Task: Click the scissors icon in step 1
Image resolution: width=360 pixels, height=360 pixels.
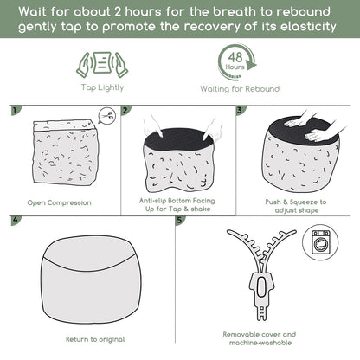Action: tap(108, 116)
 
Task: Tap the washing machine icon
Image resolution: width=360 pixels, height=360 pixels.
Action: tap(321, 242)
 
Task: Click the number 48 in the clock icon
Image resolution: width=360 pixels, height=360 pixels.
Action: tap(235, 57)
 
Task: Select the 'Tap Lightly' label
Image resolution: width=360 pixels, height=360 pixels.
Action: tap(102, 87)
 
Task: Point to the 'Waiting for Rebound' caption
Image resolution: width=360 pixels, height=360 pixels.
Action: tap(240, 89)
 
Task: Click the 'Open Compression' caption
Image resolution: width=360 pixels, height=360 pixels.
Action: tap(59, 202)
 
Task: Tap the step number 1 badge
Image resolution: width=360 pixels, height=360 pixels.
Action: tap(16, 110)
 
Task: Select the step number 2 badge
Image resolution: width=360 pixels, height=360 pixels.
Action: tap(125, 110)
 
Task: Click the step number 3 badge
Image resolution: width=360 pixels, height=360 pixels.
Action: tap(241, 110)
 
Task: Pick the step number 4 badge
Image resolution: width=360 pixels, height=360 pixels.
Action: tap(16, 220)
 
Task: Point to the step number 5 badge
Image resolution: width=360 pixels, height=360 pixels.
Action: tap(180, 220)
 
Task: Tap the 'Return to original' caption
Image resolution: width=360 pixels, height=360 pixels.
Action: tap(95, 339)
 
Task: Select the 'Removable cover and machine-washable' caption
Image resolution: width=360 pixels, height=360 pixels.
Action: tap(260, 338)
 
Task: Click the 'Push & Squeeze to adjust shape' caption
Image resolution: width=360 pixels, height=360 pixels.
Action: tap(296, 206)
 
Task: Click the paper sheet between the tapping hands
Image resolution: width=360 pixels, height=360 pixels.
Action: tap(102, 62)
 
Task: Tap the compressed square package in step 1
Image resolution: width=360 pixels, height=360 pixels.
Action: tap(65, 152)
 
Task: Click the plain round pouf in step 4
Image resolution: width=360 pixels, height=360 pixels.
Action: tap(91, 279)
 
